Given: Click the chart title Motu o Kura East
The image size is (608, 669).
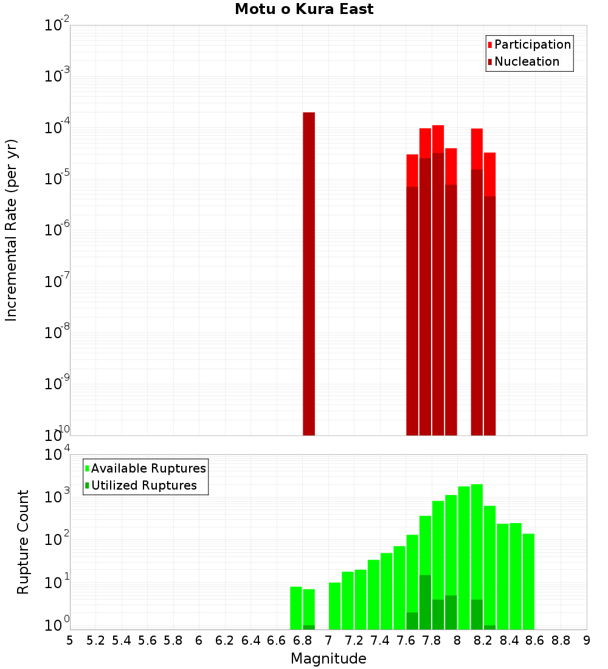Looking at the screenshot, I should coord(304,9).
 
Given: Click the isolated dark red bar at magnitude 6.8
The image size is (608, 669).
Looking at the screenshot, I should coord(309,274).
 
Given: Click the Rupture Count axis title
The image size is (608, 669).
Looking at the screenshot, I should coord(23,542).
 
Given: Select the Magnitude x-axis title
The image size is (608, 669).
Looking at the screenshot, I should coord(328,659).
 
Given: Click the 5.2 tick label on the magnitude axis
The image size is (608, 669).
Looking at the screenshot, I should coord(95,640).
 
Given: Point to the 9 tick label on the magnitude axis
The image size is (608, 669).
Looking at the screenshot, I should coord(587,640).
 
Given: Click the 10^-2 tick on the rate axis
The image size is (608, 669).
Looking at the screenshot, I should coord(57,26).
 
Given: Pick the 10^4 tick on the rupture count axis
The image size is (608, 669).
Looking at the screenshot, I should coord(57,455).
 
